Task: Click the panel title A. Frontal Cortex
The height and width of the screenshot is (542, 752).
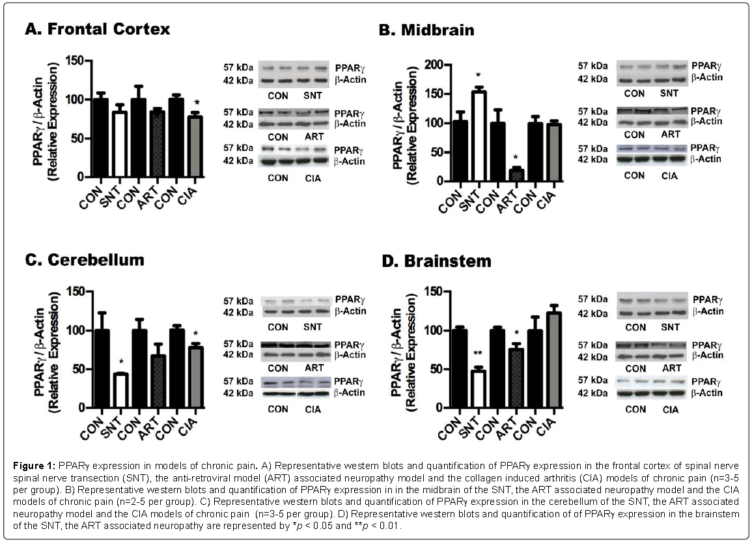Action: (x=97, y=29)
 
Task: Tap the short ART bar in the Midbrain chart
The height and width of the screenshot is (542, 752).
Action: (x=516, y=175)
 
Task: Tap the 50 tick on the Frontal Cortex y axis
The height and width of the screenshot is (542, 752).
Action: (x=77, y=138)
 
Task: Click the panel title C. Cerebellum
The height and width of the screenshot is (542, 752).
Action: (x=84, y=260)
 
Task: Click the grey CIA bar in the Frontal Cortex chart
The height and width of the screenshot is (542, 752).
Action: (x=195, y=146)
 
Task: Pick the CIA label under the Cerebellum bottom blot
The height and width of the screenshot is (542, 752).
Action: (x=313, y=410)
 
